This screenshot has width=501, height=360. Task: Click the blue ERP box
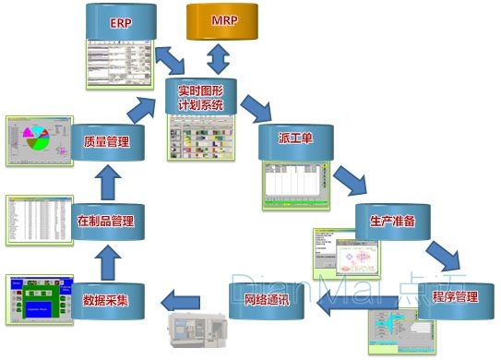pos(121,22)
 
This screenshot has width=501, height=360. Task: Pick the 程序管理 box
pos(454,299)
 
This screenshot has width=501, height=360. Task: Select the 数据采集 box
pos(105,299)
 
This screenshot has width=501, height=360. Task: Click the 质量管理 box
pos(105,142)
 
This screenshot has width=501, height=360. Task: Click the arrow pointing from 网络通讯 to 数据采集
pos(181,299)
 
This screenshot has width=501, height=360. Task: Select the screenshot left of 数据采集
pos(37,299)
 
